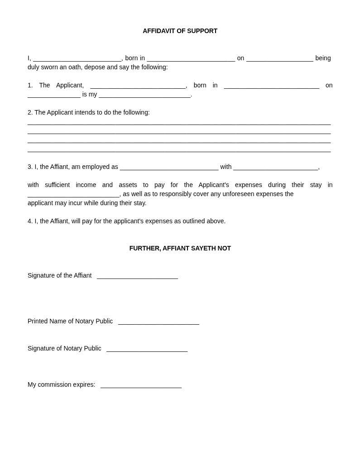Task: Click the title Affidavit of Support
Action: [180, 31]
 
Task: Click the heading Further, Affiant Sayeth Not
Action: [180, 248]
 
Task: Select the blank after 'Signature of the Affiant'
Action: [137, 275]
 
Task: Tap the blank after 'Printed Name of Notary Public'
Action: [158, 321]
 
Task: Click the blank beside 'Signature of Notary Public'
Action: [147, 348]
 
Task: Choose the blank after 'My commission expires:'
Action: [141, 384]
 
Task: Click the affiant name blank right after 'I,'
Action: [77, 58]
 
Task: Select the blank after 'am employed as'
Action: [169, 167]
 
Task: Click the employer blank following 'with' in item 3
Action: [275, 167]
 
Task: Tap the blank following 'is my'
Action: [144, 94]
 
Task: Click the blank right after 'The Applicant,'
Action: [138, 85]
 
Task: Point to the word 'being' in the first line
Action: [323, 58]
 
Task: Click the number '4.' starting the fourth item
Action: [30, 221]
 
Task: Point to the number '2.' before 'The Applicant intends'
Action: [30, 112]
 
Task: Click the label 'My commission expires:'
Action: [61, 384]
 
